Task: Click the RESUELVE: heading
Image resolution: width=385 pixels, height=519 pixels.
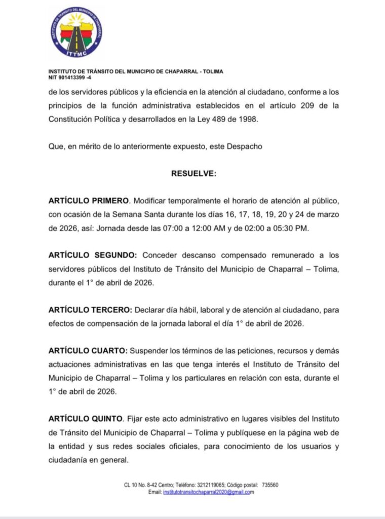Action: click(194, 173)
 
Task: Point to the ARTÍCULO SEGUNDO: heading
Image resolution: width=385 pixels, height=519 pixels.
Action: click(93, 255)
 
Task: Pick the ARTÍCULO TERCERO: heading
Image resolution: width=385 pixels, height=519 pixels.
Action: click(91, 310)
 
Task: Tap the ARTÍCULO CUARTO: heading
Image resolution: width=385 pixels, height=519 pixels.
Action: click(88, 351)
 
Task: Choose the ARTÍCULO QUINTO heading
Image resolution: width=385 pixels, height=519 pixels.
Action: click(86, 419)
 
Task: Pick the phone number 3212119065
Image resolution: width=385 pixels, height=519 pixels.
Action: click(208, 485)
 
